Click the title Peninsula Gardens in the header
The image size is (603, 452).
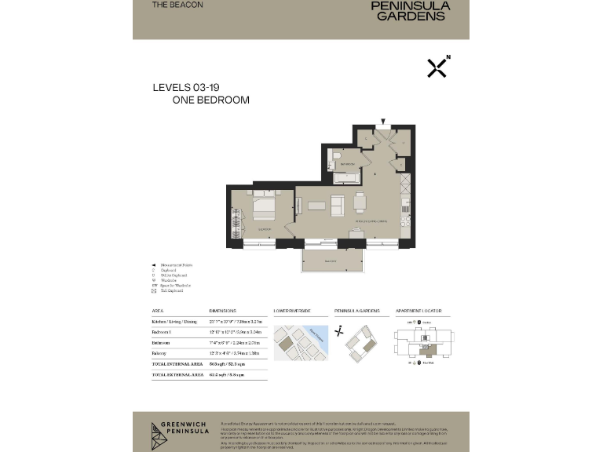coord(421,10)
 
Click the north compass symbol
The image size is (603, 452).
coord(437,67)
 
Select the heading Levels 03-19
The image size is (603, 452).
coord(185,88)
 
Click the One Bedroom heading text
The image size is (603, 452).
coord(210,100)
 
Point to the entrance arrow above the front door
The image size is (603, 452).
coord(382,122)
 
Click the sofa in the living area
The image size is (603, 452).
coord(337,206)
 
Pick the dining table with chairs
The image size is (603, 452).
coord(360,202)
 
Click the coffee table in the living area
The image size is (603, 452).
coord(316,206)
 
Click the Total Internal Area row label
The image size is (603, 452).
coord(174,364)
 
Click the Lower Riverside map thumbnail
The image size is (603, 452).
coord(301,342)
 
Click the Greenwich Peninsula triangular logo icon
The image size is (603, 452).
coord(159,431)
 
